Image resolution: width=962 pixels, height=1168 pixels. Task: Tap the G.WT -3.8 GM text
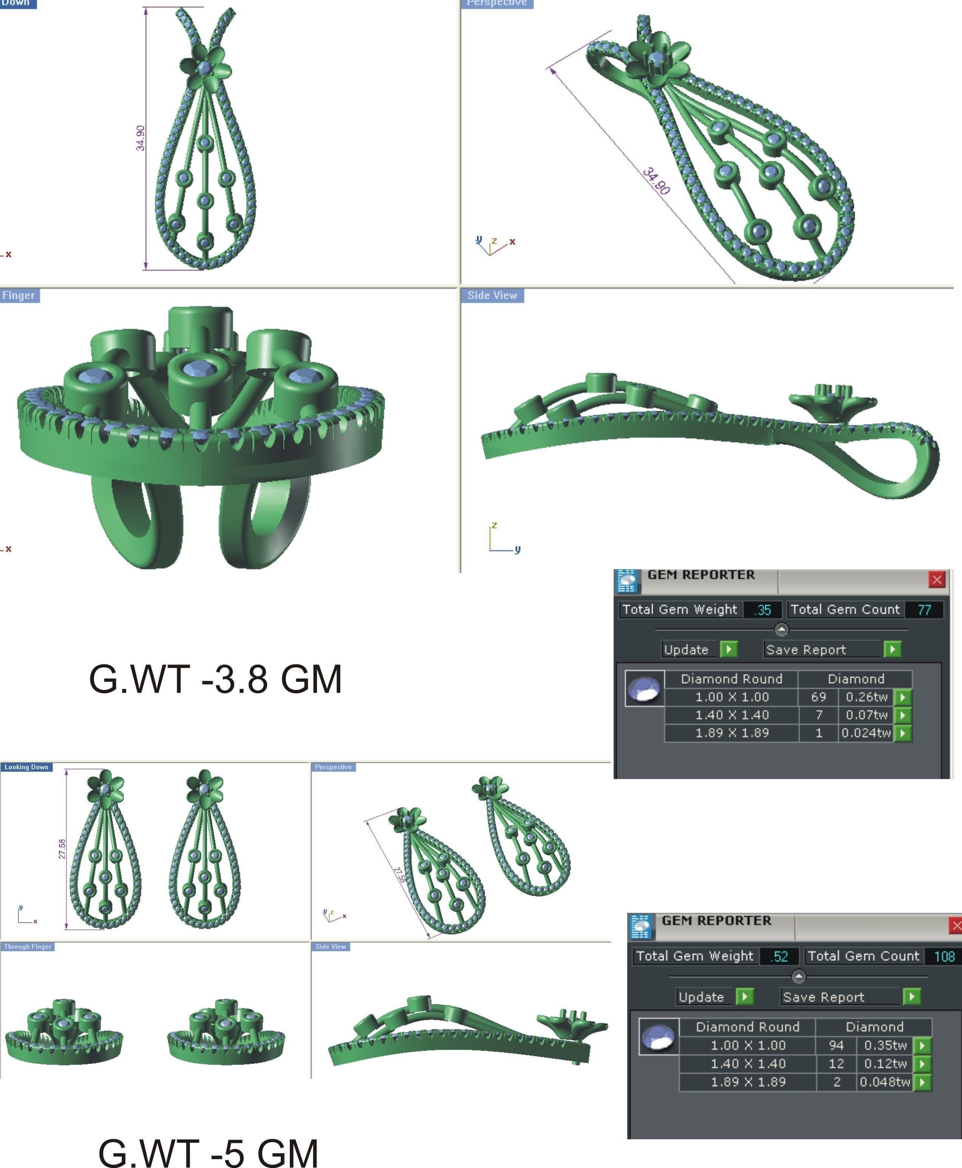(215, 680)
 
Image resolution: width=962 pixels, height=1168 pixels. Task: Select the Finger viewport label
(19, 296)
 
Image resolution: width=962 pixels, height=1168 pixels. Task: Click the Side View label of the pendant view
(492, 296)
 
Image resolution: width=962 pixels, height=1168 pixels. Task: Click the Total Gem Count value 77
(924, 610)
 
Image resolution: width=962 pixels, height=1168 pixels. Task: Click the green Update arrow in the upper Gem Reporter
(728, 649)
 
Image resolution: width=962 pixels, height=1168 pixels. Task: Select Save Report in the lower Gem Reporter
(823, 997)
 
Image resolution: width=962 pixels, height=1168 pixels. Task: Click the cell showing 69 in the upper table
(818, 697)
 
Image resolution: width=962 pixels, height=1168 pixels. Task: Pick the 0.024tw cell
(866, 733)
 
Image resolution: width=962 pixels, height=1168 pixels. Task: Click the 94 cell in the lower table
(836, 1045)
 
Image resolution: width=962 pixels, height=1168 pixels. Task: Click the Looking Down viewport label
(26, 767)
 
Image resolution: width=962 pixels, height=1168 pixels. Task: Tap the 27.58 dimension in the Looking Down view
(62, 849)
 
